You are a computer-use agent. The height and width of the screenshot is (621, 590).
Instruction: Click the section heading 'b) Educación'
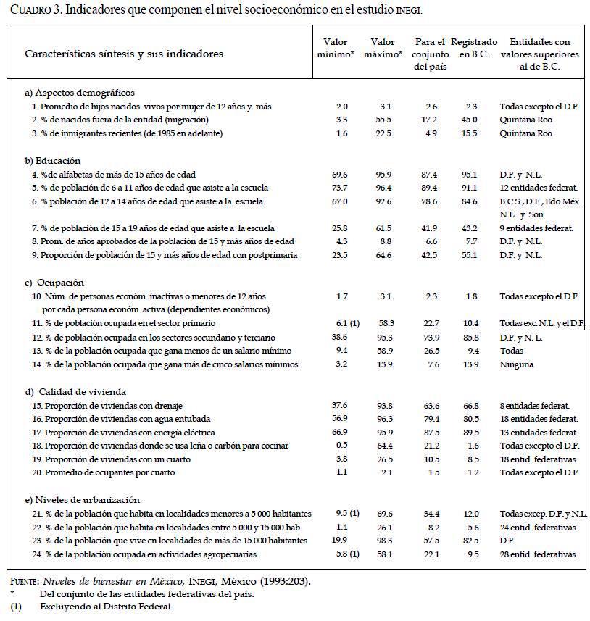[x=52, y=160]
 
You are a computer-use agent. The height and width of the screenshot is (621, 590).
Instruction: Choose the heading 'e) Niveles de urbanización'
[x=82, y=500]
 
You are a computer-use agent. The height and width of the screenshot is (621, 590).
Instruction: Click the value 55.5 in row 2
[x=384, y=120]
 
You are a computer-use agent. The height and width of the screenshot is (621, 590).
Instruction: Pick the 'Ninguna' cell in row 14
[x=515, y=364]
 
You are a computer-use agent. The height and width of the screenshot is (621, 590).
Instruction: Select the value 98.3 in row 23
[x=384, y=541]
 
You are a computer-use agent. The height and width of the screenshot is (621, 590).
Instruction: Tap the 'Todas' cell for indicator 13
[x=512, y=351]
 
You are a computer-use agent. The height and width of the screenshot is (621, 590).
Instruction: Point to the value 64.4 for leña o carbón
[x=384, y=445]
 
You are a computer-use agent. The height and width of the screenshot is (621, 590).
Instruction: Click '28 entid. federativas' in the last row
[x=538, y=554]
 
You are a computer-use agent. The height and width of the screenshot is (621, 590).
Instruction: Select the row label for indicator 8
[x=162, y=241]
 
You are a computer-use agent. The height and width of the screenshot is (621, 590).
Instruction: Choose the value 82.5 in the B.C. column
[x=473, y=541]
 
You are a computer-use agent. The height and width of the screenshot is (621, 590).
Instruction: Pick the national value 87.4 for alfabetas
[x=431, y=175]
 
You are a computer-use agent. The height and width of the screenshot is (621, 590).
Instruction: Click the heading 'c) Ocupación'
[x=54, y=283]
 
